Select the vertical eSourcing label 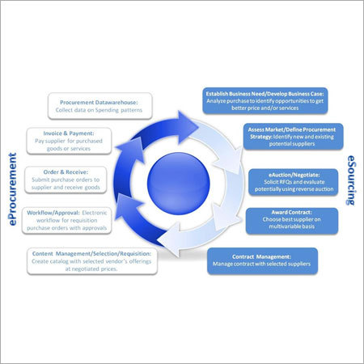click(352, 181)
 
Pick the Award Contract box click(292, 220)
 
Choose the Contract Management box click(262, 260)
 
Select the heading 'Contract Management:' click(262, 255)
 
